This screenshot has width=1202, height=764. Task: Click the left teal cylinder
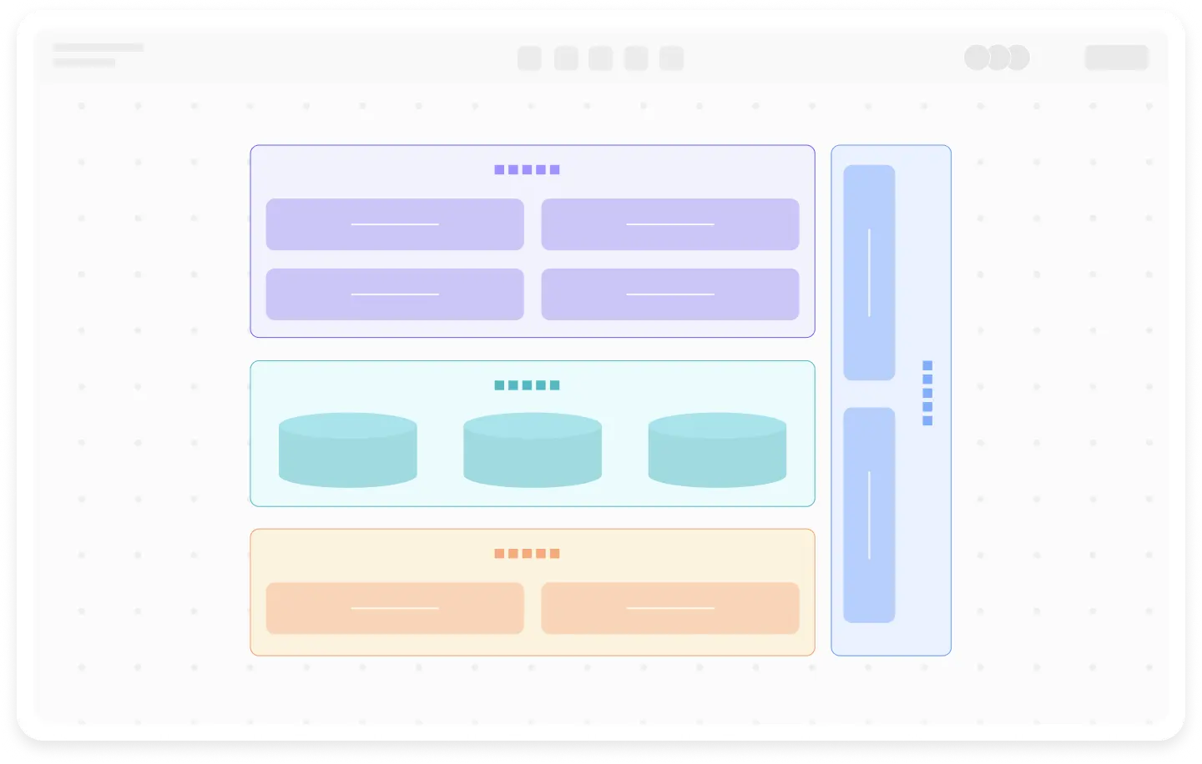pyautogui.click(x=347, y=450)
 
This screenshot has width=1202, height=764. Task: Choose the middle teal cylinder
pyautogui.click(x=533, y=450)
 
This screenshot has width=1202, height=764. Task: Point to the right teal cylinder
pyautogui.click(x=717, y=450)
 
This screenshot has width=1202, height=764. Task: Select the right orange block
pyautogui.click(x=669, y=608)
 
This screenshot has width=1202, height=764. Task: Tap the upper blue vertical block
pyautogui.click(x=869, y=273)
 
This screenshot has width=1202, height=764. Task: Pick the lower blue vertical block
pyautogui.click(x=869, y=515)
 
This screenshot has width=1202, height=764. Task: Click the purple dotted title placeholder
pyautogui.click(x=527, y=169)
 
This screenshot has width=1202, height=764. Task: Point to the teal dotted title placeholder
pyautogui.click(x=527, y=385)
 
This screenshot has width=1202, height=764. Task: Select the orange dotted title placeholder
pyautogui.click(x=527, y=553)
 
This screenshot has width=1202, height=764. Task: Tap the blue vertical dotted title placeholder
pyautogui.click(x=927, y=393)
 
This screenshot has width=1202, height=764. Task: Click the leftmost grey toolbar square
pyautogui.click(x=529, y=58)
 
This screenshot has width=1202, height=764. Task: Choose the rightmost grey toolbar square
pyautogui.click(x=671, y=58)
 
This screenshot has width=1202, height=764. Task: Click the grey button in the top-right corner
pyautogui.click(x=1116, y=57)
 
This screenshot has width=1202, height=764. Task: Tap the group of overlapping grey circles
pyautogui.click(x=997, y=58)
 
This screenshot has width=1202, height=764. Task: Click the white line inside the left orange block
pyautogui.click(x=395, y=608)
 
